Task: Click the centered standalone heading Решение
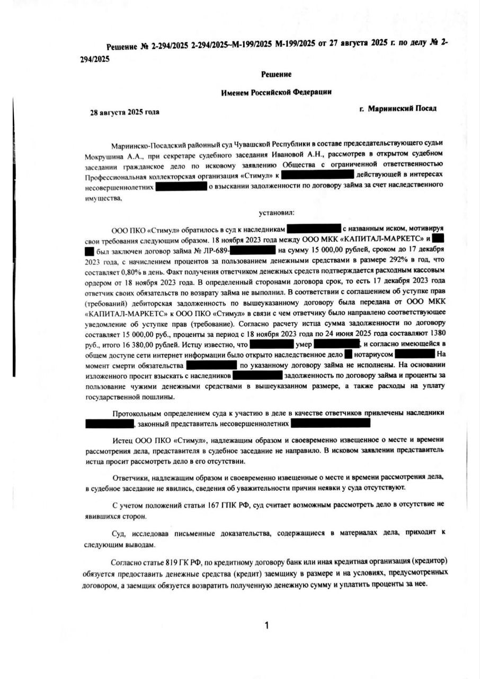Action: click(x=276, y=74)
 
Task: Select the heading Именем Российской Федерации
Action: click(x=276, y=92)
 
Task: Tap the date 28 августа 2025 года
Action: click(x=125, y=112)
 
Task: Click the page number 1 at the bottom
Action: click(x=266, y=625)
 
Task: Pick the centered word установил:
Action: click(x=276, y=213)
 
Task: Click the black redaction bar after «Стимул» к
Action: click(x=317, y=174)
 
